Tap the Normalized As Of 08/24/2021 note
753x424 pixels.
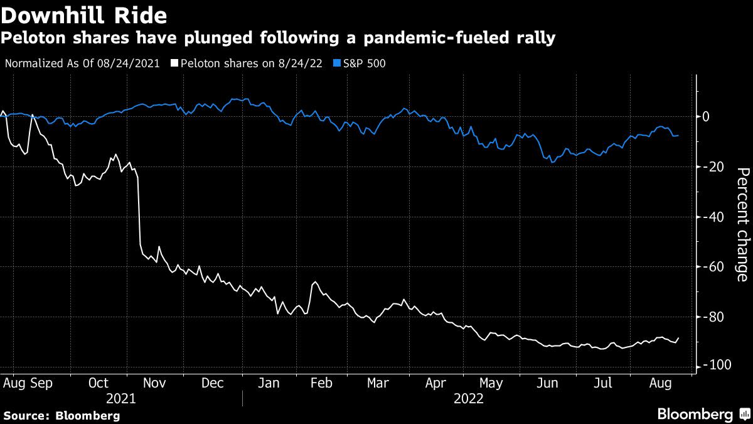coord(82,63)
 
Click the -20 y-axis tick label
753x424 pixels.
coord(713,167)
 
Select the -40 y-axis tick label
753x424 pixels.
coord(713,217)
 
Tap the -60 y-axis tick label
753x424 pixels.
coord(713,267)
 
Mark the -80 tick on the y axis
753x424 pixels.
coord(713,317)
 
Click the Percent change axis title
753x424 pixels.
coord(742,224)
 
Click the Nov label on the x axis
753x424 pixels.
coord(154,383)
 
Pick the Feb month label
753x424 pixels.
coord(321,383)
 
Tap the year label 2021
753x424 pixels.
coord(121,398)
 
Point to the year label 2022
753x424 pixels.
coord(469,398)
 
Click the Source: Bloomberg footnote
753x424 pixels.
coord(61,415)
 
